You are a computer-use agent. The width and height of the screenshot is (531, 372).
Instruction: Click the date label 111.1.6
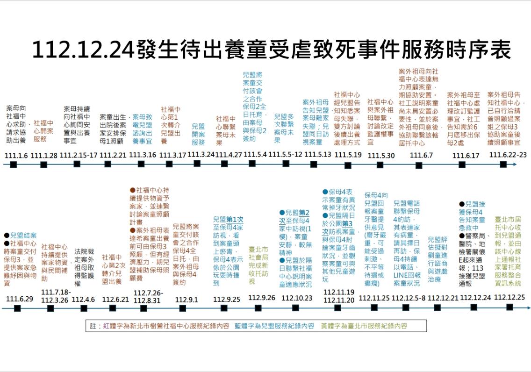point(16,155)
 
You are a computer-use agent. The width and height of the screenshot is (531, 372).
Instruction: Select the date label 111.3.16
point(143,155)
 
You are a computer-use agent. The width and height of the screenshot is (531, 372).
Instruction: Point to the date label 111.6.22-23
point(508,155)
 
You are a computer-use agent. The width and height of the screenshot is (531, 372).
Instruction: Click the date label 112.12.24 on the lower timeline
point(475,298)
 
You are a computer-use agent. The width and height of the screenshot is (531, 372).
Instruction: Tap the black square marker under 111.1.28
point(44,165)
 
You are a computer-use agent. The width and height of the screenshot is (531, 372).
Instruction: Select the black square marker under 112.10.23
point(296,308)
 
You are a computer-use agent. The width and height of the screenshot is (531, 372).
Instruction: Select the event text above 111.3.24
point(198,135)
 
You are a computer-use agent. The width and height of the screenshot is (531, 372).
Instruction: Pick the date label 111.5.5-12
point(285,155)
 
